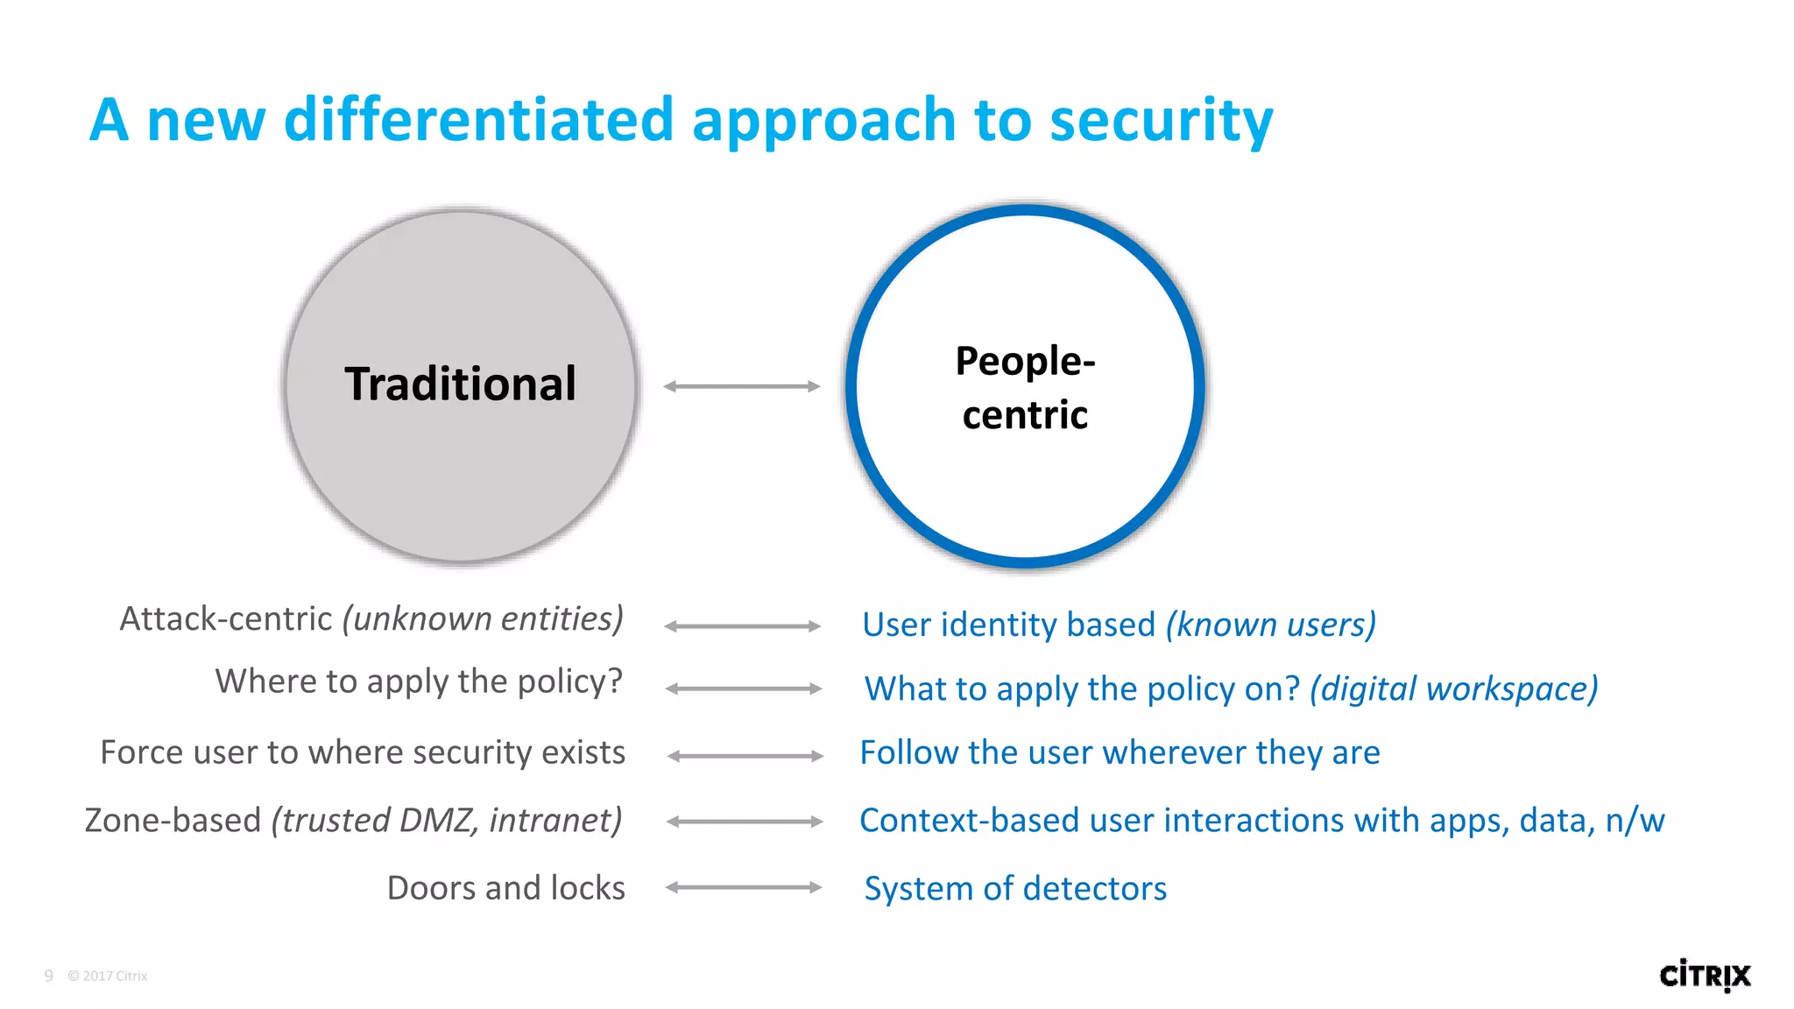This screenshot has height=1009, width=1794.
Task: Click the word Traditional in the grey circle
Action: pos(461,385)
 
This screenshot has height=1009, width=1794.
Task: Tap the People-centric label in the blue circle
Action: pos(1025,388)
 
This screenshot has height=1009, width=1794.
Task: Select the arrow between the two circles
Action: pos(742,386)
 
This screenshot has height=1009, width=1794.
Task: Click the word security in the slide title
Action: pos(1161,120)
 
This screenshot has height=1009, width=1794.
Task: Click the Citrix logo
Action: pos(1705,975)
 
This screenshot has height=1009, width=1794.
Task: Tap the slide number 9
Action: pos(49,976)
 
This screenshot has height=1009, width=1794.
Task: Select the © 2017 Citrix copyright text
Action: pos(108,976)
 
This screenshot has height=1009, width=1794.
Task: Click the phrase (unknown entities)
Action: pos(483,619)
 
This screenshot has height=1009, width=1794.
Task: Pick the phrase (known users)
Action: pos(1271,625)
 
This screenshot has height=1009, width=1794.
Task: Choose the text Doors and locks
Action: pos(506,888)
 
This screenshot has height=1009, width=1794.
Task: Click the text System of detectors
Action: pos(1015,889)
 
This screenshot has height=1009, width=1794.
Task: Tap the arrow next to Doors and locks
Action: pos(744,887)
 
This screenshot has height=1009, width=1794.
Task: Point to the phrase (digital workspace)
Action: pos(1454,689)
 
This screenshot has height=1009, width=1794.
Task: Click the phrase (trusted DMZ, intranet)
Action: pos(447,821)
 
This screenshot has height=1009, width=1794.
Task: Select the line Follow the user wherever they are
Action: pos(1119,753)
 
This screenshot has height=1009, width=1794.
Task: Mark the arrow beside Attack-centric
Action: pos(743,626)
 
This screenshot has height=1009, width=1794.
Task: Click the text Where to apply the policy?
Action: pos(419,681)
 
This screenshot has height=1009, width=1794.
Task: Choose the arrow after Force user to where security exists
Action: pos(745,756)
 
